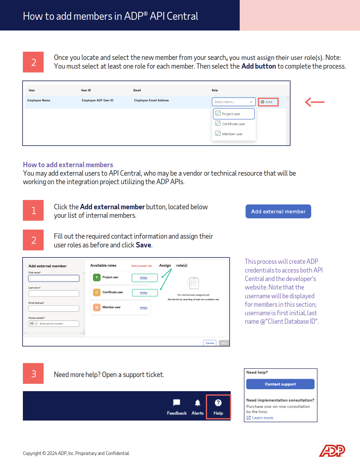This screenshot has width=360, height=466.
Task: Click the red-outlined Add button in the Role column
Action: [x=268, y=102]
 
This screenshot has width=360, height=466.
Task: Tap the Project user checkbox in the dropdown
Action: [x=218, y=114]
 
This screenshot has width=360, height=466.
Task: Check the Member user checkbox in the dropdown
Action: [x=218, y=134]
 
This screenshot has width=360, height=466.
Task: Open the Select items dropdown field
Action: [x=234, y=102]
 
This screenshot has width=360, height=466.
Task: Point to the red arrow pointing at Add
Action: [x=315, y=102]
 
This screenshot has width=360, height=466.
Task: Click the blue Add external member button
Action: [x=278, y=212]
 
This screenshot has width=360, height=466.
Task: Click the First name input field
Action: [x=54, y=278]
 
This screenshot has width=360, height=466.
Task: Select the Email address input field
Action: [x=54, y=309]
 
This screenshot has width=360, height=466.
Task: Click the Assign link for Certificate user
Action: [x=144, y=293]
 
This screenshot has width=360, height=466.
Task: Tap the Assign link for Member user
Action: [x=144, y=308]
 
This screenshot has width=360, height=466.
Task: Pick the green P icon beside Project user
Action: [x=97, y=277]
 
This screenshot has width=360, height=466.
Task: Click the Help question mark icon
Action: [x=218, y=403]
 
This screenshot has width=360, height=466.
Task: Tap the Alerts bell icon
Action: [x=198, y=403]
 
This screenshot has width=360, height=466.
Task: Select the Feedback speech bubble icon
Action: [x=177, y=403]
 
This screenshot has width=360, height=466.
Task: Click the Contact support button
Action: [x=280, y=384]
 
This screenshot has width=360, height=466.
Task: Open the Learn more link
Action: [x=262, y=418]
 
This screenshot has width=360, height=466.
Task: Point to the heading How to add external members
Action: [x=68, y=165]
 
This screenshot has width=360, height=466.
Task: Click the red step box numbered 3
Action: [x=33, y=374]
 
